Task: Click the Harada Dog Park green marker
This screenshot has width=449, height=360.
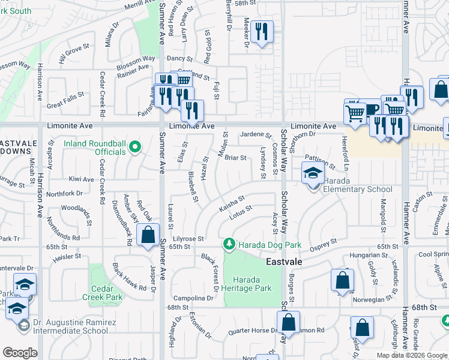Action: (229, 244)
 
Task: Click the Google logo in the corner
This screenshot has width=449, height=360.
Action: (20, 353)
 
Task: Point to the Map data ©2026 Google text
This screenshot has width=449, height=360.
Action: (411, 355)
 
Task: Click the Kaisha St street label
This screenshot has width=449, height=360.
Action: (232, 202)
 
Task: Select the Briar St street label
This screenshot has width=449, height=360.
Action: (235, 158)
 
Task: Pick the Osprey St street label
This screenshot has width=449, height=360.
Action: (324, 244)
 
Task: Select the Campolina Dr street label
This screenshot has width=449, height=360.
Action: (193, 298)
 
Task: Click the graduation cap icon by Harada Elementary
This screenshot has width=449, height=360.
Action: (312, 175)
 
